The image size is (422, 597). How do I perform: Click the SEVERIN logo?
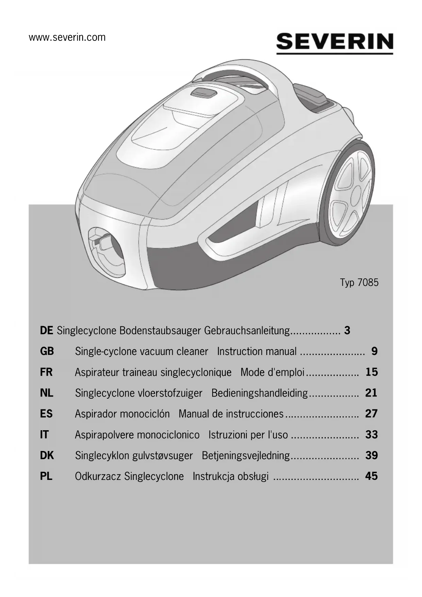[335, 43]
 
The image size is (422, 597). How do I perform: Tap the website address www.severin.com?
[67, 37]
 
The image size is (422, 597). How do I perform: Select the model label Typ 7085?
[359, 283]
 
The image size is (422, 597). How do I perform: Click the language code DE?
[46, 330]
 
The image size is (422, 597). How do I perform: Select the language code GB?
[47, 351]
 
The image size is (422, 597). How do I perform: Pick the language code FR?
[46, 372]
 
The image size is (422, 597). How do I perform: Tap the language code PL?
[46, 476]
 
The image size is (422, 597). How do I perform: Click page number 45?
[371, 476]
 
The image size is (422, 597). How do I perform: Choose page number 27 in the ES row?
[371, 414]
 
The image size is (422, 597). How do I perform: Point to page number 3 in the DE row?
[347, 330]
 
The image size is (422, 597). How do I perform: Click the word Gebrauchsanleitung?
[247, 331]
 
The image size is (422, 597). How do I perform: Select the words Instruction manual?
[257, 351]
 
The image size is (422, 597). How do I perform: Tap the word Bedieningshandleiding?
[259, 393]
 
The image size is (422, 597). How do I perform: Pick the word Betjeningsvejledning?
[246, 455]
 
